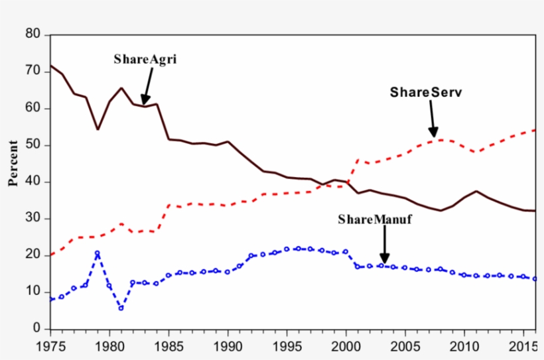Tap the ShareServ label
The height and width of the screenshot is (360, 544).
click(x=425, y=93)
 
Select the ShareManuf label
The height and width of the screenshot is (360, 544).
click(x=375, y=219)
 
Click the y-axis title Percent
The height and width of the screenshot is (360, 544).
click(x=13, y=163)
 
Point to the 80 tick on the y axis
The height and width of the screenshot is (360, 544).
click(x=33, y=34)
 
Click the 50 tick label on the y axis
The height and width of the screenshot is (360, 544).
click(x=33, y=145)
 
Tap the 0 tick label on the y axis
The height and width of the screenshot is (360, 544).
click(x=36, y=329)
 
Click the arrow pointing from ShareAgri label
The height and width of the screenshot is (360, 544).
click(x=147, y=86)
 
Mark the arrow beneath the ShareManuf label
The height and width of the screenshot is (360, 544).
click(x=384, y=247)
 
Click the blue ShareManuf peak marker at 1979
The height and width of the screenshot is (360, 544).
click(x=98, y=253)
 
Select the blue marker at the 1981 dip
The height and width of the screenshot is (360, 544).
click(x=121, y=308)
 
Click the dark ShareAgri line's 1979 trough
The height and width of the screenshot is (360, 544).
click(x=98, y=129)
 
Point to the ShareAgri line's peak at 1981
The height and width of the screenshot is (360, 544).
click(x=121, y=88)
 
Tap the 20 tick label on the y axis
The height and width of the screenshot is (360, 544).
click(x=33, y=255)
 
